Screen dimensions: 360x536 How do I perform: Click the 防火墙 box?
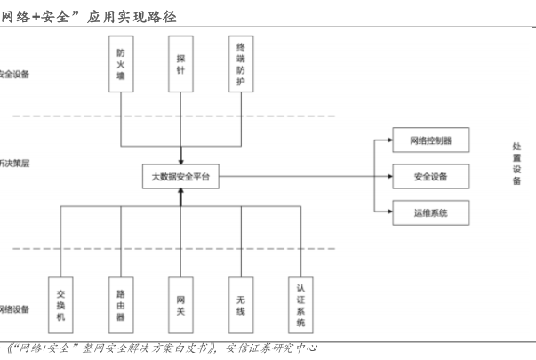(x=121, y=64)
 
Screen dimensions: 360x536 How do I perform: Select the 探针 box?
(x=180, y=64)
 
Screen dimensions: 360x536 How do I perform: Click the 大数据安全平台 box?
(x=180, y=177)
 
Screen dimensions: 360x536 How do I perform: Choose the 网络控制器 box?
(x=430, y=140)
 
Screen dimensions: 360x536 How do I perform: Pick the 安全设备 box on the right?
(x=430, y=177)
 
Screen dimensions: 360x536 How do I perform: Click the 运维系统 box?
(x=430, y=213)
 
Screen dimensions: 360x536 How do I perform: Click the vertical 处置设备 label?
(x=517, y=164)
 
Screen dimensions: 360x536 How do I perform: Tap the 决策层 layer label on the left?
(x=14, y=164)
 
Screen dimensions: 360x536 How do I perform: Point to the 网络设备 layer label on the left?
(x=14, y=309)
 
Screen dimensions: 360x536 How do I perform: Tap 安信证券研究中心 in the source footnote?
(x=272, y=348)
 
